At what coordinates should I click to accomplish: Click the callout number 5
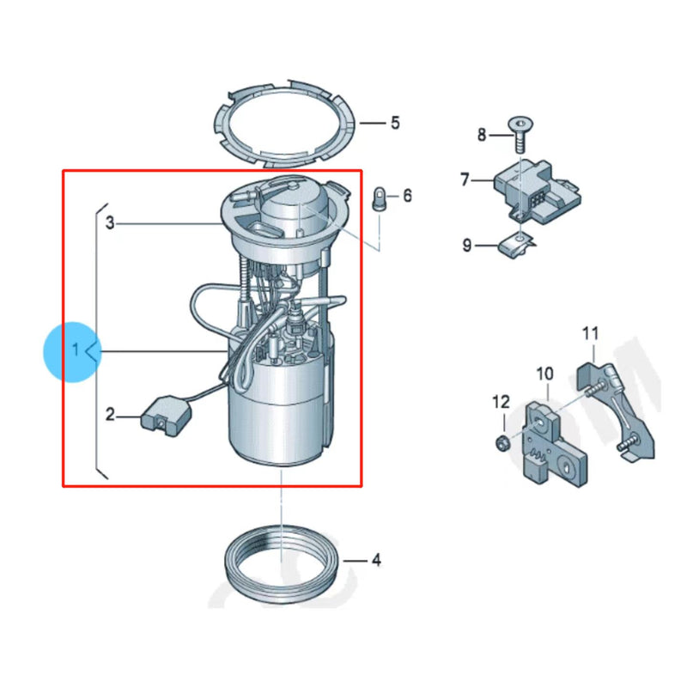395,123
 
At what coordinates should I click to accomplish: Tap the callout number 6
407,197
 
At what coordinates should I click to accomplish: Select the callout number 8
482,135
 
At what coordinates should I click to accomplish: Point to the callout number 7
465,179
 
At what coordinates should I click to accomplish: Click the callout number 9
467,246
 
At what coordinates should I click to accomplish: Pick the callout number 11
591,332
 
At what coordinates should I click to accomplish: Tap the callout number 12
501,401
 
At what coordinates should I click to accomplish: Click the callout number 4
375,561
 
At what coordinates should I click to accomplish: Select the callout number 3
110,223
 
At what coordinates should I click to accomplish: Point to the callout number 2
110,416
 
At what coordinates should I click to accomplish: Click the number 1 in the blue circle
76,350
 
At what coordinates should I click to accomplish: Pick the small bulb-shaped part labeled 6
378,199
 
